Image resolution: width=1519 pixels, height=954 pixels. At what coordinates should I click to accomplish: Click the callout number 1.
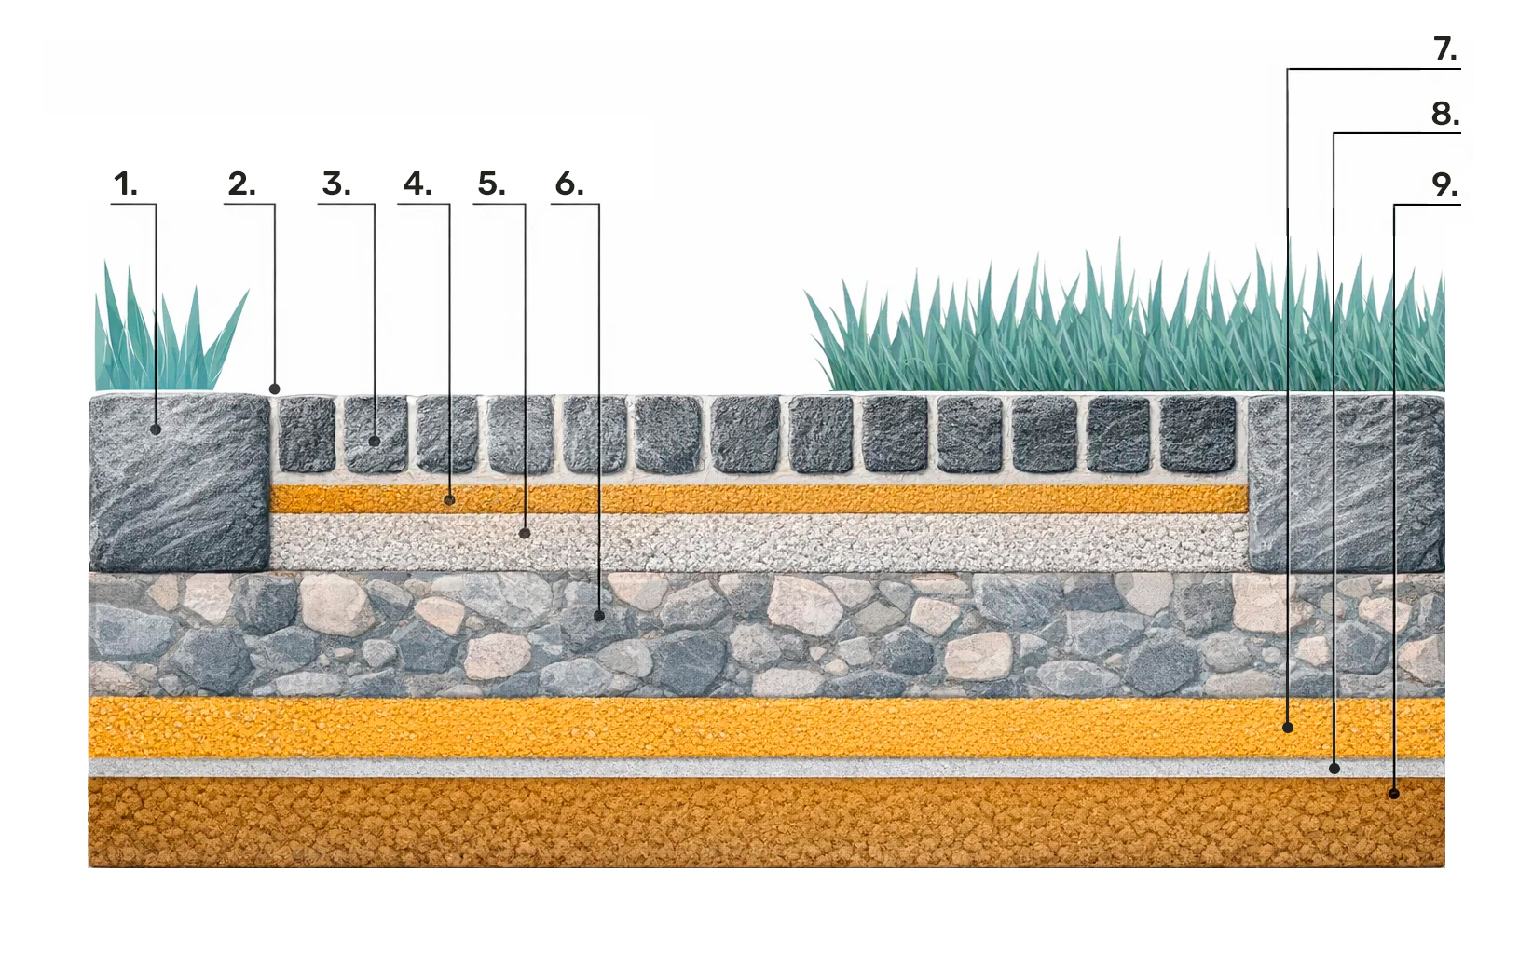[125, 184]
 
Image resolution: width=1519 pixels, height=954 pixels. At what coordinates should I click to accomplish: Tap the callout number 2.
[240, 184]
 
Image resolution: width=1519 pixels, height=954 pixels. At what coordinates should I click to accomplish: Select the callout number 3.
[335, 184]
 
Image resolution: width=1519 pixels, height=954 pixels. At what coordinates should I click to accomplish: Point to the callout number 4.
[417, 184]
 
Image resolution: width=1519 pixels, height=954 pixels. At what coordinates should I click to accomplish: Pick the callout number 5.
[491, 184]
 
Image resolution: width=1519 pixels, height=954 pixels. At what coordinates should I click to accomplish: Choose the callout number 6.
[568, 184]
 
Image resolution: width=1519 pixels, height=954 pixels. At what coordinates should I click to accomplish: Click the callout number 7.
[1444, 48]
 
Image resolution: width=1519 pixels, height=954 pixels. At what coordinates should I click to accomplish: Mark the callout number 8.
[1444, 114]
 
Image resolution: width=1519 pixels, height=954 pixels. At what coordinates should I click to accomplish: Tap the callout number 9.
[1444, 184]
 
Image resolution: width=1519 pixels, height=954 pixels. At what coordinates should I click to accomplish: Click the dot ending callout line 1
[157, 429]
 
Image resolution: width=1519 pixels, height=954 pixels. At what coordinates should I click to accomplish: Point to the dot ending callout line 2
[275, 388]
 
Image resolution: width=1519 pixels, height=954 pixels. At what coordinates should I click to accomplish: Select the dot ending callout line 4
[450, 500]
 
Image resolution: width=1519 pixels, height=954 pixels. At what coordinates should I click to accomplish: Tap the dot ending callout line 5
[525, 534]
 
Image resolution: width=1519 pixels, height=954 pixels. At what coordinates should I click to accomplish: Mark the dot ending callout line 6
[599, 616]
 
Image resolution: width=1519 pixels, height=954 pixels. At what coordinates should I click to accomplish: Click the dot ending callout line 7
[1288, 728]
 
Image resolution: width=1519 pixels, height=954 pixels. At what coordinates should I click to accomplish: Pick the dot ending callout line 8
[1334, 769]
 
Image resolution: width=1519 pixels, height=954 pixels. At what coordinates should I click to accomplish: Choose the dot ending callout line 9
[1394, 794]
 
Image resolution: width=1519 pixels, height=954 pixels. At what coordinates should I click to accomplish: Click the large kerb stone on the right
[1346, 483]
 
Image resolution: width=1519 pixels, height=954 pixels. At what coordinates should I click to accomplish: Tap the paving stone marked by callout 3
[376, 435]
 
